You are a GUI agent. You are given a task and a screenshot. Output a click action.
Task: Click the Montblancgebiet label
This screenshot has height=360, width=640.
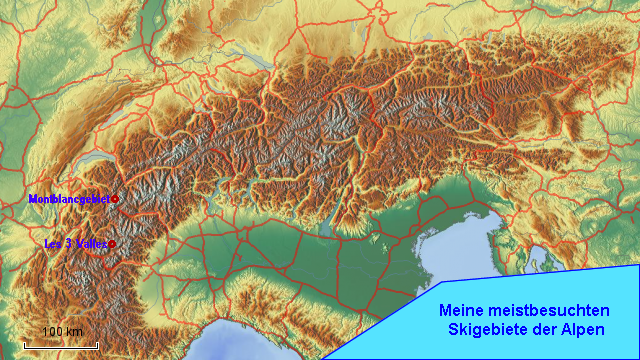coord(69,199)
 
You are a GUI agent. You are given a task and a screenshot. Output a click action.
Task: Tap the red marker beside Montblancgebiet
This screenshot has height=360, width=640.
coord(115,199)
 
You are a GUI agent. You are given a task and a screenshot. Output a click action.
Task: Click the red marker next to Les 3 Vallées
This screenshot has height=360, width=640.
coord(112,243)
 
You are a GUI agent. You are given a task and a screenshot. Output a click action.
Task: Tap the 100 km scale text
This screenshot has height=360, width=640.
coord(62,332)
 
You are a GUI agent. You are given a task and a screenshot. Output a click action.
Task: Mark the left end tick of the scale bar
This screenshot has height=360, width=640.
coord(24,344)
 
